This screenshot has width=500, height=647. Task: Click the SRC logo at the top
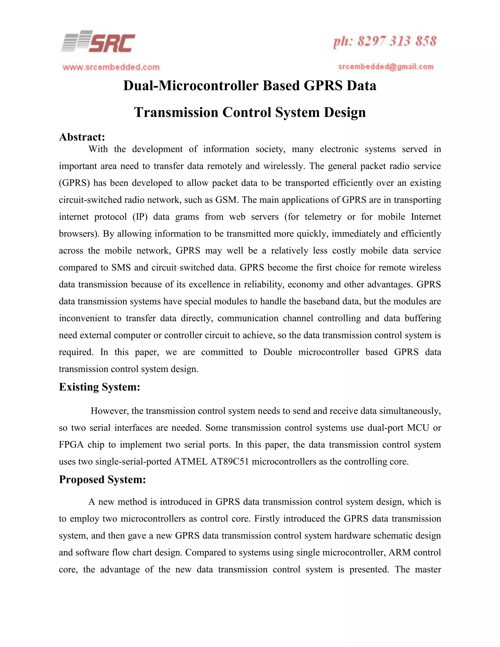coord(99,42)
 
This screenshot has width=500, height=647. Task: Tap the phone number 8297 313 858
coord(397,41)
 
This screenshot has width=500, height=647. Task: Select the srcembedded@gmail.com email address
coord(386,67)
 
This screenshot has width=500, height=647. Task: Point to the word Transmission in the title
coord(175,112)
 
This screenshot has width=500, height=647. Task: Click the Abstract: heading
coord(82,137)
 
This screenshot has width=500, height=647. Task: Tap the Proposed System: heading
coord(102,479)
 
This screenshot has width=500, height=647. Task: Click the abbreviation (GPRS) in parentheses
coord(74,183)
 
